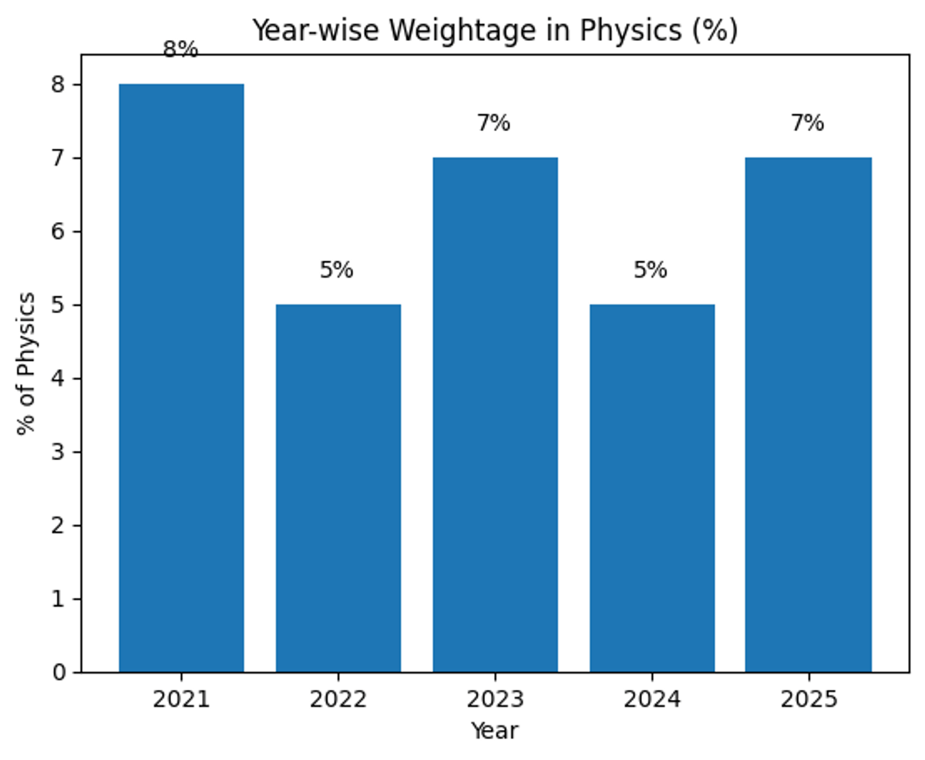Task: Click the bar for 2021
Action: (181, 378)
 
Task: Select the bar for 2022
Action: (338, 488)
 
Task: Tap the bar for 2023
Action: (495, 415)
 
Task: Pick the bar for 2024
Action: (652, 488)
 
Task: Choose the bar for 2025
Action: (808, 415)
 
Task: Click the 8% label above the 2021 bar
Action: (180, 50)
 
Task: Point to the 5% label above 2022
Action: (337, 271)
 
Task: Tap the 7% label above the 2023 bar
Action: (493, 123)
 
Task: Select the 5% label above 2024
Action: (651, 271)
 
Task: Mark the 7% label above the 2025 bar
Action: (807, 123)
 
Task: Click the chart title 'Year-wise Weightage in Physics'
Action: (495, 31)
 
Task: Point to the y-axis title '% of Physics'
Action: (27, 363)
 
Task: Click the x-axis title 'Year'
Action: (495, 730)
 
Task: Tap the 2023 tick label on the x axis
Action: (495, 700)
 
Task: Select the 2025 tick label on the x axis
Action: (808, 700)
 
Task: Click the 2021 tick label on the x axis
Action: (181, 700)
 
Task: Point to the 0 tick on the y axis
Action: (60, 673)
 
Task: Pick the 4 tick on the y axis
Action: (60, 378)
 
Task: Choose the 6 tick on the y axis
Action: (60, 231)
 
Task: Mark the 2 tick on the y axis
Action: (60, 526)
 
